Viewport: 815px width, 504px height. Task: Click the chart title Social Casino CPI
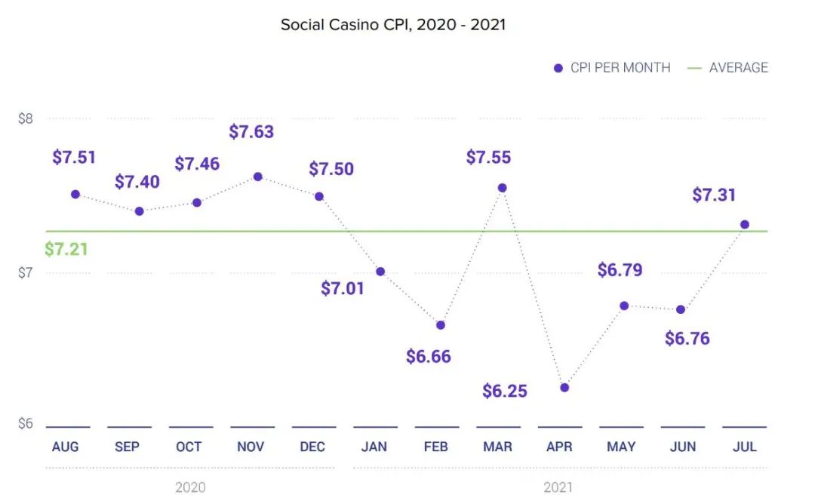392,24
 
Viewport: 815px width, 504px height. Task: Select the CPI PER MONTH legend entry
612,67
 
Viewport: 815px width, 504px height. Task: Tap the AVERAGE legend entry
727,67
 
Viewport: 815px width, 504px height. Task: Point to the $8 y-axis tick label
26,118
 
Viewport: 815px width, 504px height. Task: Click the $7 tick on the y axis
26,272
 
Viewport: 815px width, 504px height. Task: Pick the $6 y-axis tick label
26,423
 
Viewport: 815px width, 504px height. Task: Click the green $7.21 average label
66,249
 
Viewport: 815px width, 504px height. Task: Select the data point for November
257,177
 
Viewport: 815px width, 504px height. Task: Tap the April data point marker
564,388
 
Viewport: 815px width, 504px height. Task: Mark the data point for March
502,188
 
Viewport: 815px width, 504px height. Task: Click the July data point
745,224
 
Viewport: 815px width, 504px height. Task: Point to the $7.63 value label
251,132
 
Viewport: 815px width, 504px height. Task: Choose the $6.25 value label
505,391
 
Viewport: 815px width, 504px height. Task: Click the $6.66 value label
428,356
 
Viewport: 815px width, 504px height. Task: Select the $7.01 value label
343,288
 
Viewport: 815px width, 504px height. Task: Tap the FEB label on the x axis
436,447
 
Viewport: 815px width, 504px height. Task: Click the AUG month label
66,447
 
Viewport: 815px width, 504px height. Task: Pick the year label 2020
190,487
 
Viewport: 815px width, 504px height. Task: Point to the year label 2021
558,487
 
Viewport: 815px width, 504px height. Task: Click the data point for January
380,272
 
